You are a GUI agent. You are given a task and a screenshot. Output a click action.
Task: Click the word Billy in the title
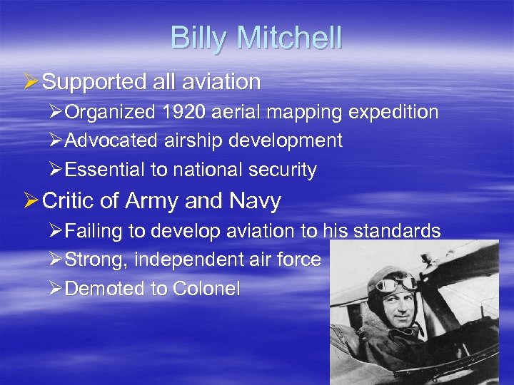point(196,38)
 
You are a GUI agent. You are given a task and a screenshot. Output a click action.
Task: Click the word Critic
point(69,202)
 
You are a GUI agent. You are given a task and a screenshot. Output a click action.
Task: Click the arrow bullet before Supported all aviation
point(31,82)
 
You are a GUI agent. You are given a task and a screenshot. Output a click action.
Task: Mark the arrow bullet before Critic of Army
point(31,202)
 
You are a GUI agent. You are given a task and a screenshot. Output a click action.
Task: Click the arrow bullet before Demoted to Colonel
point(56,289)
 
